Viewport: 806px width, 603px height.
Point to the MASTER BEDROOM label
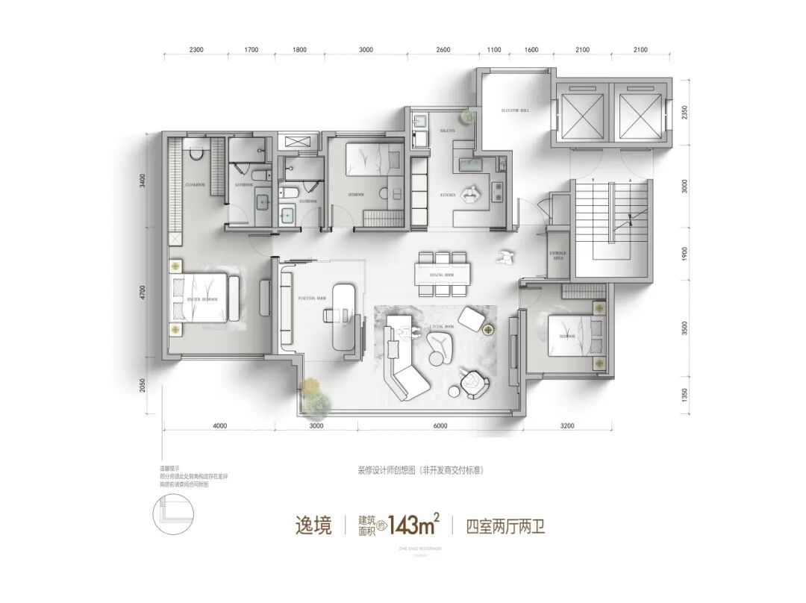[202, 299]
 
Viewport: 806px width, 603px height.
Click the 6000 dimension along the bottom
[439, 426]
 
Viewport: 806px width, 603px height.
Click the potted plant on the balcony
[467, 116]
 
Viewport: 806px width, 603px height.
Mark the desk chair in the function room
[328, 315]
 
